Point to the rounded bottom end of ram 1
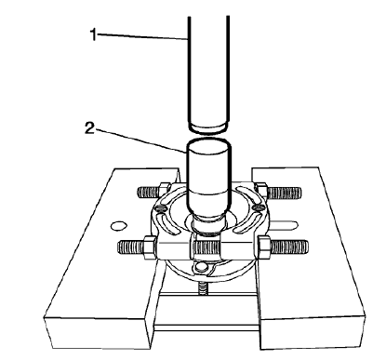coord(206,127)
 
